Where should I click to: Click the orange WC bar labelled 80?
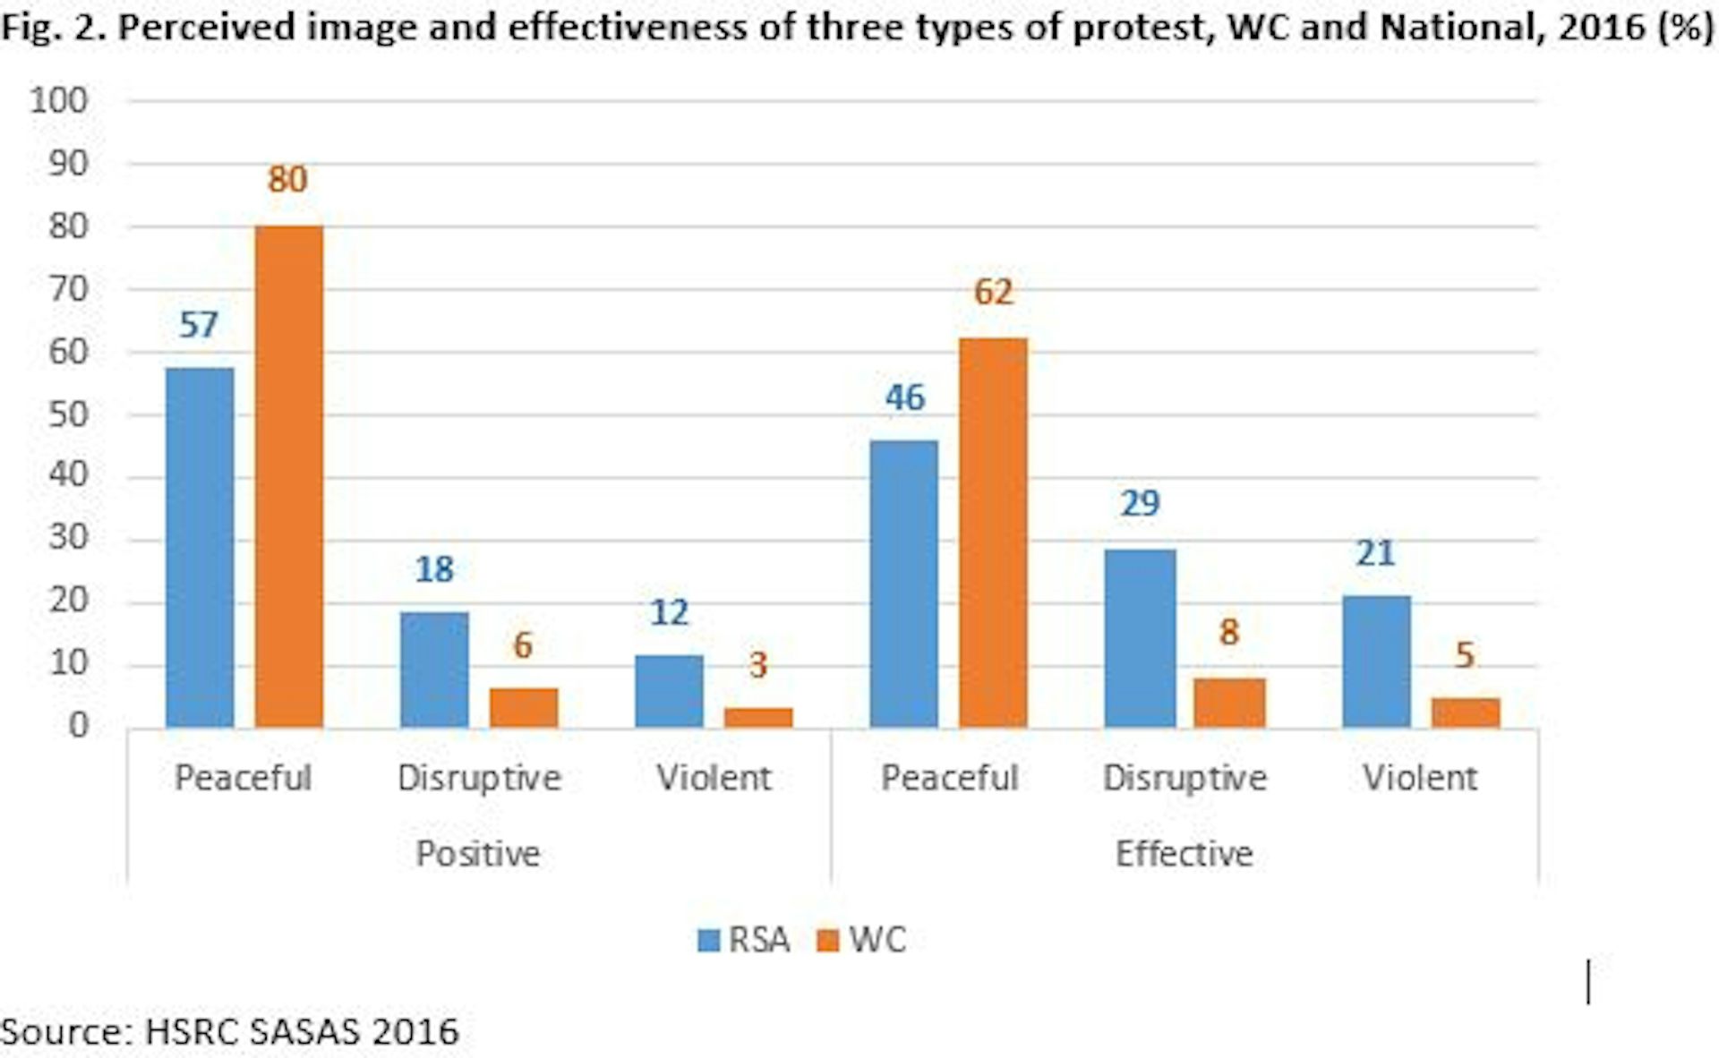pyautogui.click(x=288, y=476)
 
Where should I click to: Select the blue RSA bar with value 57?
pyautogui.click(x=200, y=547)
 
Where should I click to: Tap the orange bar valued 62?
pyautogui.click(x=993, y=533)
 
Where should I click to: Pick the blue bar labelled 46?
pyautogui.click(x=904, y=584)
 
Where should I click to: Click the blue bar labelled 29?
pyautogui.click(x=1140, y=638)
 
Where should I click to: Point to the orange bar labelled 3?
pyautogui.click(x=758, y=717)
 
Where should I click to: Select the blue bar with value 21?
pyautogui.click(x=1376, y=661)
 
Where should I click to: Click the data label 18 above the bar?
pyautogui.click(x=434, y=569)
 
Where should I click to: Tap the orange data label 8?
pyautogui.click(x=1229, y=633)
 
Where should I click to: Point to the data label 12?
pyautogui.click(x=669, y=613)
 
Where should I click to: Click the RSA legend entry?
pyautogui.click(x=744, y=940)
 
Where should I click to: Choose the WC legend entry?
pyautogui.click(x=862, y=940)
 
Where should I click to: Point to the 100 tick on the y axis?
pyautogui.click(x=59, y=100)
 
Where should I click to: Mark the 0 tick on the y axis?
pyautogui.click(x=79, y=725)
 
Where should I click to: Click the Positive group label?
pyautogui.click(x=477, y=853)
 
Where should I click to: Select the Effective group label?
pyautogui.click(x=1184, y=853)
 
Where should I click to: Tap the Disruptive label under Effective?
pyautogui.click(x=1184, y=777)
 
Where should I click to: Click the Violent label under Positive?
pyautogui.click(x=714, y=777)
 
